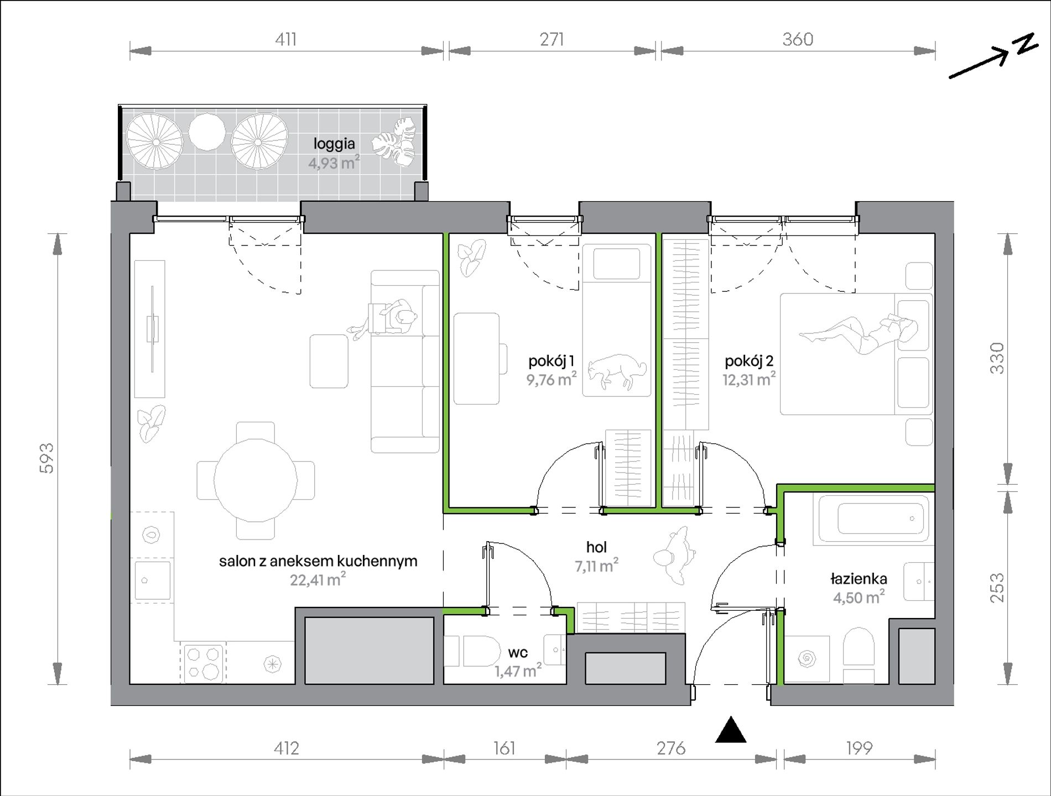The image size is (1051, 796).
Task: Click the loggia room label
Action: click(334, 144)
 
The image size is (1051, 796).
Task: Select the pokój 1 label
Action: click(551, 362)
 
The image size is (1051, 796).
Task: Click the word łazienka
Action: click(859, 579)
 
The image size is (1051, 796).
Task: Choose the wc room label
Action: click(518, 653)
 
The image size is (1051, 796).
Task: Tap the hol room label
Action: click(596, 547)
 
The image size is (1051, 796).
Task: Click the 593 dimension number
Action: click(47, 458)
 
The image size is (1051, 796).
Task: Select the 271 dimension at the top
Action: click(551, 39)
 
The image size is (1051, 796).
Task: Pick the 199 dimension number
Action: click(859, 748)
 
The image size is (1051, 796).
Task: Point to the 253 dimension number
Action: click(996, 588)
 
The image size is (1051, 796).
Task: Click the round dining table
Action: click(256, 480)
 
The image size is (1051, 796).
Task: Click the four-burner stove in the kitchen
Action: click(202, 663)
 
